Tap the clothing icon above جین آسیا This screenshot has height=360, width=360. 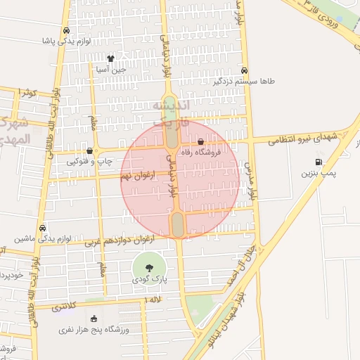coord(110,58)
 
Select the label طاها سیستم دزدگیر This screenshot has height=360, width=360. coord(245,82)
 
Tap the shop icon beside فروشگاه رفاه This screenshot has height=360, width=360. coord(201,142)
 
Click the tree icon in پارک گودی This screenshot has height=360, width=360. coord(149,267)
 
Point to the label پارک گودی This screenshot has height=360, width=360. coord(149,279)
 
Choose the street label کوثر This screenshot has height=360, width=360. coord(28,93)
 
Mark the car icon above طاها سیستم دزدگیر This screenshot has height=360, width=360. coord(244,70)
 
